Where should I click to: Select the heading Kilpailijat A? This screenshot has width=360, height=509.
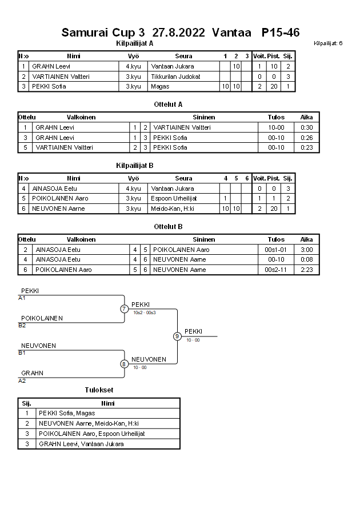[134, 43]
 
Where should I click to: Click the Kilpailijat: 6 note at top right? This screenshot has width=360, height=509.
[328, 43]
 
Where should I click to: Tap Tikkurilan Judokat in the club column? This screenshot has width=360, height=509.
[175, 77]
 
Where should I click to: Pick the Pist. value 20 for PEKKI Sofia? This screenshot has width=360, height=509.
[274, 87]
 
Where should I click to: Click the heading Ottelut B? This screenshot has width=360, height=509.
[168, 226]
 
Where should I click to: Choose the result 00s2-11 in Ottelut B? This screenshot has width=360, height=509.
[276, 270]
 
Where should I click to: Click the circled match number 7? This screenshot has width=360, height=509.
[124, 309]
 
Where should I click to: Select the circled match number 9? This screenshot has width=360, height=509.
[177, 336]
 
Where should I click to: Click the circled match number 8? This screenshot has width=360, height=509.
[124, 363]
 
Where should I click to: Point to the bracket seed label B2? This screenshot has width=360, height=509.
[22, 325]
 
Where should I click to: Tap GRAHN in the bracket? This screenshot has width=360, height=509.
[32, 373]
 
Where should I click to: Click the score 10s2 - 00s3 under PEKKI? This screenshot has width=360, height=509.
[143, 312]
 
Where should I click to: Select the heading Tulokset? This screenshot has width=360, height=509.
[99, 390]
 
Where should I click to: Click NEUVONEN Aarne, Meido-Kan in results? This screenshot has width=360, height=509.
[89, 423]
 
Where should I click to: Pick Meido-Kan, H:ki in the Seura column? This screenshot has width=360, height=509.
[173, 209]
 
